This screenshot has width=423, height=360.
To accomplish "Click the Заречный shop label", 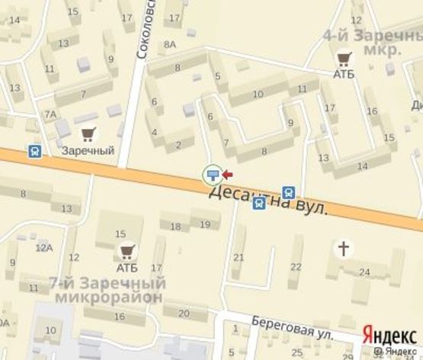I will [88, 150].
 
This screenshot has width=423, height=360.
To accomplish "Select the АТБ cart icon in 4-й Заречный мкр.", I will [344, 58].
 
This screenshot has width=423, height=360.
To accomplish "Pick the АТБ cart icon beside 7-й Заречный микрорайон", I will [126, 250].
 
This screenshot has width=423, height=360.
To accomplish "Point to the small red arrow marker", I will [227, 175].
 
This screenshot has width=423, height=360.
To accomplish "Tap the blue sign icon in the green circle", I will [213, 176].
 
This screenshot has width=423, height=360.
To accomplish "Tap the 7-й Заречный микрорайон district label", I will [106, 290].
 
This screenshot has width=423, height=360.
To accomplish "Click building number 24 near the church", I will [364, 272].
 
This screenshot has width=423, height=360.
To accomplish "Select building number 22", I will [296, 265].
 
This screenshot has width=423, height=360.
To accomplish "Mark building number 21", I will [239, 257].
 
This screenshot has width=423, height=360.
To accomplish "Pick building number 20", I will [181, 313].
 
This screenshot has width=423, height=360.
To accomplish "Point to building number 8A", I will [169, 44].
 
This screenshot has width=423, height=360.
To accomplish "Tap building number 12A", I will [43, 246].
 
